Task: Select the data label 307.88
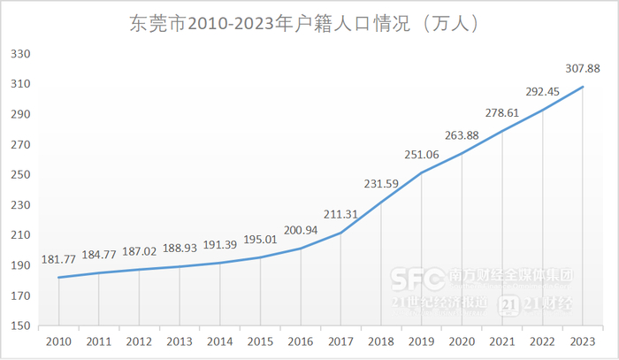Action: pyautogui.click(x=581, y=68)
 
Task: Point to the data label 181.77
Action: pyautogui.click(x=58, y=262)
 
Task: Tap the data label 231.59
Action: pyautogui.click(x=381, y=185)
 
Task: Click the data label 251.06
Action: pyautogui.click(x=421, y=155)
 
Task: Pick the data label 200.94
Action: pyautogui.click(x=301, y=232)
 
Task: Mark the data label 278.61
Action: pyautogui.click(x=501, y=112)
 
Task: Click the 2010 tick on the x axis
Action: pyautogui.click(x=58, y=341)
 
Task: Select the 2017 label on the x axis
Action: pyautogui.click(x=340, y=341)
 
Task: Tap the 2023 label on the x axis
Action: pyautogui.click(x=582, y=341)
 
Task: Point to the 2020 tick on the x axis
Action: pyautogui.click(x=462, y=341)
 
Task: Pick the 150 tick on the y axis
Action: pyautogui.click(x=20, y=326)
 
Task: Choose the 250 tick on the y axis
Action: pyautogui.click(x=20, y=175)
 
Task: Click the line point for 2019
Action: pyautogui.click(x=421, y=173)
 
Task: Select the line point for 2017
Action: pyautogui.click(x=340, y=233)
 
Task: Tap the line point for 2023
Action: pyautogui.click(x=582, y=87)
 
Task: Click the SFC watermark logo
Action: pyautogui.click(x=420, y=279)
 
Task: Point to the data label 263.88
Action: pyautogui.click(x=462, y=135)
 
